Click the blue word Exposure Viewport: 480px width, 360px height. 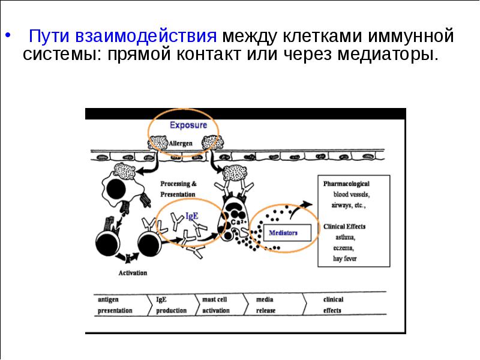click(188, 125)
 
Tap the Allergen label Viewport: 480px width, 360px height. click(181, 143)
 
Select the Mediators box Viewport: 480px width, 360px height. click(287, 233)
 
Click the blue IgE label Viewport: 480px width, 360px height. click(192, 216)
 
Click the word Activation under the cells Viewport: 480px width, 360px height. click(133, 273)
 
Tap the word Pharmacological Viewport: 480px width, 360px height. click(346, 184)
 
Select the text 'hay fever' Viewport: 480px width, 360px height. click(345, 259)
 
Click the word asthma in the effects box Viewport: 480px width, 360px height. click(346, 237)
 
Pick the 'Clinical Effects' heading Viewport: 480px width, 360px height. click(344, 227)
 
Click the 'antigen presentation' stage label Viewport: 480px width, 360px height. click(115, 305)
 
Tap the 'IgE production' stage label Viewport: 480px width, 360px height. click(171, 305)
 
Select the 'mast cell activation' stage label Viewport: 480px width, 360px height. click(216, 305)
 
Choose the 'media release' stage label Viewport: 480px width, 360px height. click(266, 305)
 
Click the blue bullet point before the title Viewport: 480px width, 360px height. click(8, 35)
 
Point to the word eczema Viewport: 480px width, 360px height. click(344, 248)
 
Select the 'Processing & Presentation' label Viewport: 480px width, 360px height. click(178, 189)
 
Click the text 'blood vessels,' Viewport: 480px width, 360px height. click(352, 194)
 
